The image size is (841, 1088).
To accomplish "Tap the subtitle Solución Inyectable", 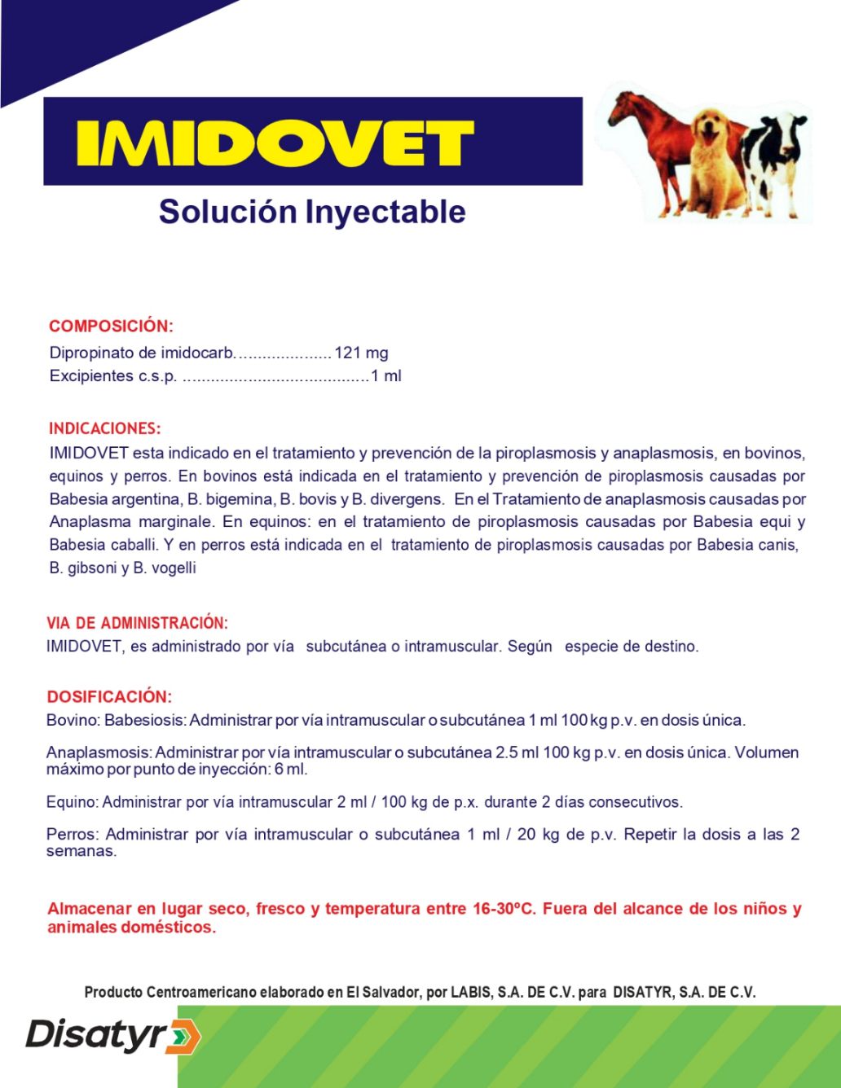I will tap(312, 211).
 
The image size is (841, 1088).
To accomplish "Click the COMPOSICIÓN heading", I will tap(111, 326).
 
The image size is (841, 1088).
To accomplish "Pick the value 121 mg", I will tap(361, 353).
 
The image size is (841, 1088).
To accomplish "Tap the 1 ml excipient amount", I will tap(386, 375).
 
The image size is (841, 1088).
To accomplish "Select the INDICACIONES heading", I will tap(104, 428).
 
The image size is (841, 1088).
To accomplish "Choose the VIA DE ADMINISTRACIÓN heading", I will tap(137, 623).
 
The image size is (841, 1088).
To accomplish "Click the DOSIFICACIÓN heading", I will tap(109, 697).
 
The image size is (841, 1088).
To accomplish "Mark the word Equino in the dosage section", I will tap(71, 802).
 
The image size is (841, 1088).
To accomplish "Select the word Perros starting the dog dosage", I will tap(71, 834).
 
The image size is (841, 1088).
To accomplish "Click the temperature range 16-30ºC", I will tap(504, 908).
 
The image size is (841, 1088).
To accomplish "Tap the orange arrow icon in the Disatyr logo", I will tap(185, 1037).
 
